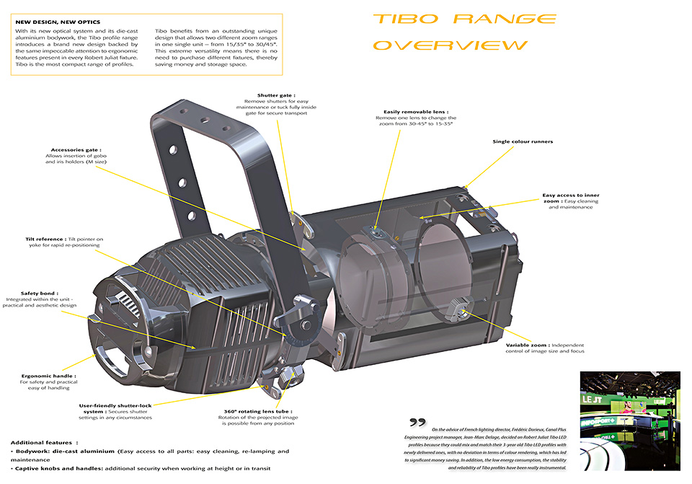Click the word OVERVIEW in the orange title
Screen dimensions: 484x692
450,45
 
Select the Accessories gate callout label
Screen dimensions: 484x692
75,150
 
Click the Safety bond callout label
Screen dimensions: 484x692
39,294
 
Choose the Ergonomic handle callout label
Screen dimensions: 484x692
48,376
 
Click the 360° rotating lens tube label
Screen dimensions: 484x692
257,412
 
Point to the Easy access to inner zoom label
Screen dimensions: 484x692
570,195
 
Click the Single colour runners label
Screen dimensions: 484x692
523,141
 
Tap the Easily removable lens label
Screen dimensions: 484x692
416,112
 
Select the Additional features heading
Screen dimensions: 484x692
44,441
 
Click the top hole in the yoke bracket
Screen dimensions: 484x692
174,150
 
